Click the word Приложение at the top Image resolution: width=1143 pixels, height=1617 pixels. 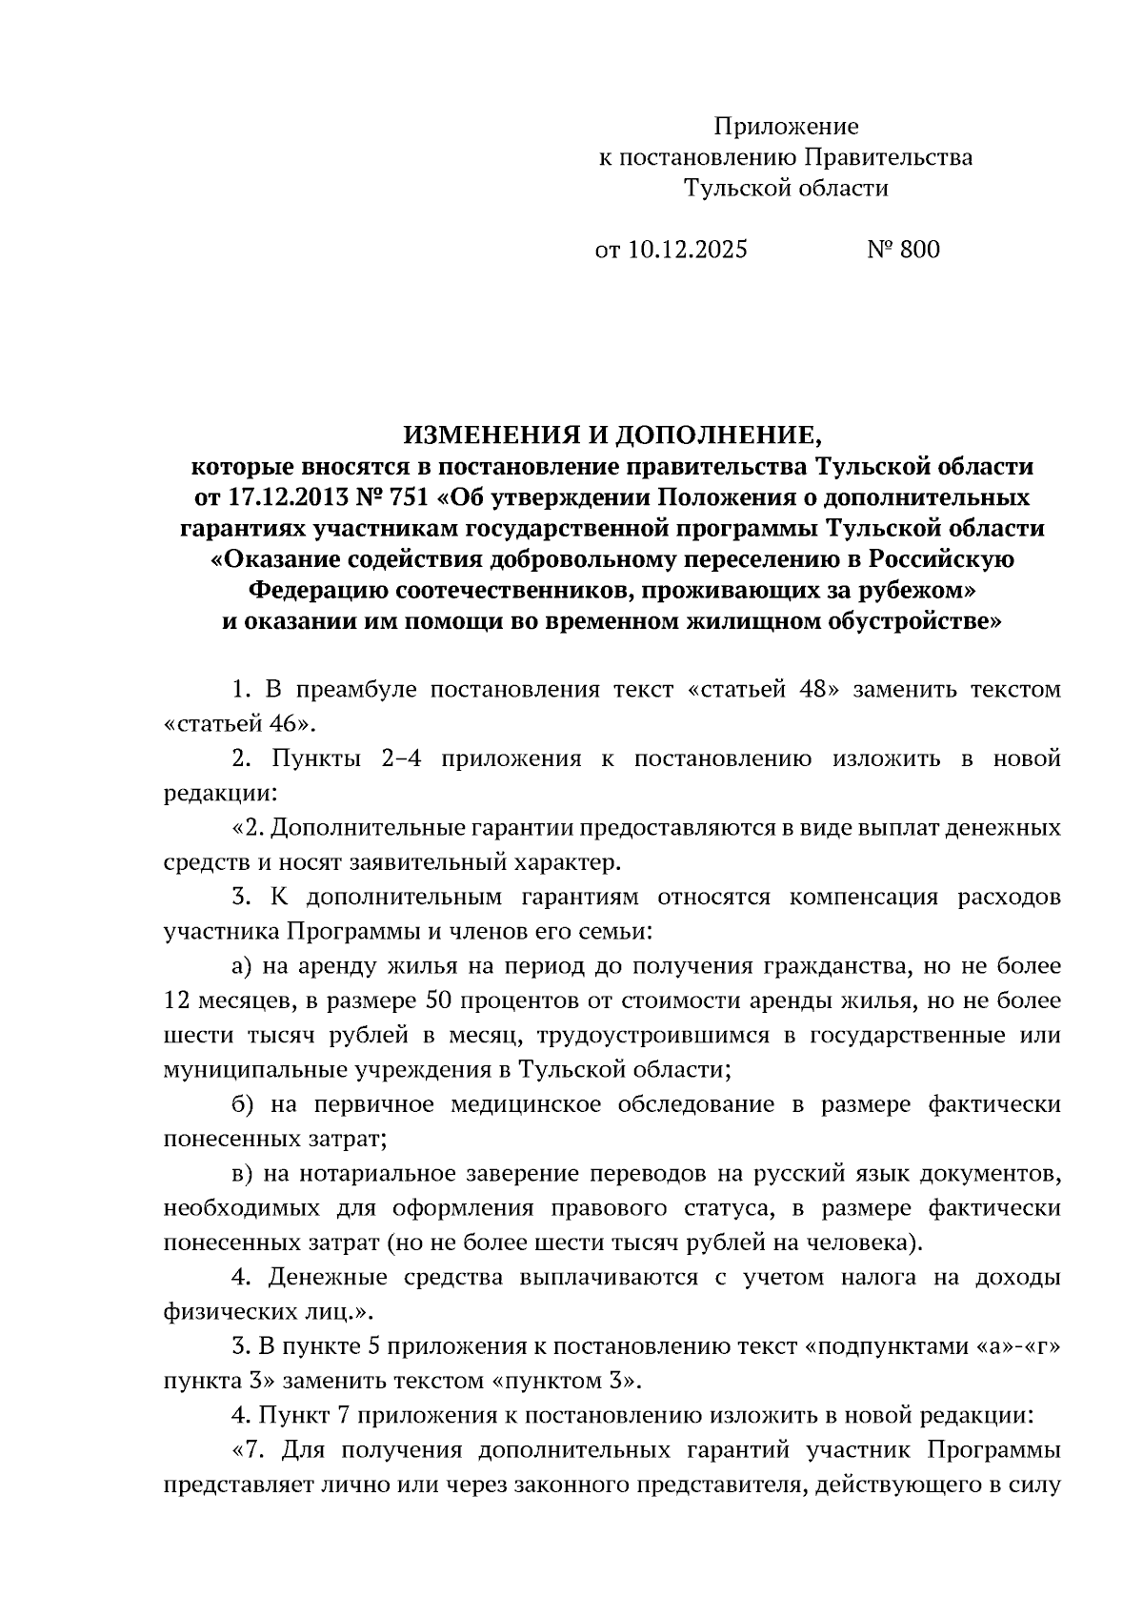(786, 126)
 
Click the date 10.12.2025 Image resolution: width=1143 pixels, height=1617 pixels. (688, 250)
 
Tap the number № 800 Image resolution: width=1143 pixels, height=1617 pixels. (903, 250)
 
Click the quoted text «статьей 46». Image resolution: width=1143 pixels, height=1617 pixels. (239, 722)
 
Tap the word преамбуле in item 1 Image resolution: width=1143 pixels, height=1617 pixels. (357, 689)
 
